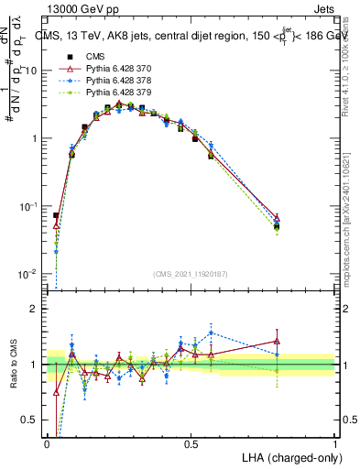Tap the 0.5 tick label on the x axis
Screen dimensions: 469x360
(x=191, y=444)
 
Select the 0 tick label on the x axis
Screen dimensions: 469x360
(x=48, y=444)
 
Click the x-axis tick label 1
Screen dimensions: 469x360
(x=335, y=444)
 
